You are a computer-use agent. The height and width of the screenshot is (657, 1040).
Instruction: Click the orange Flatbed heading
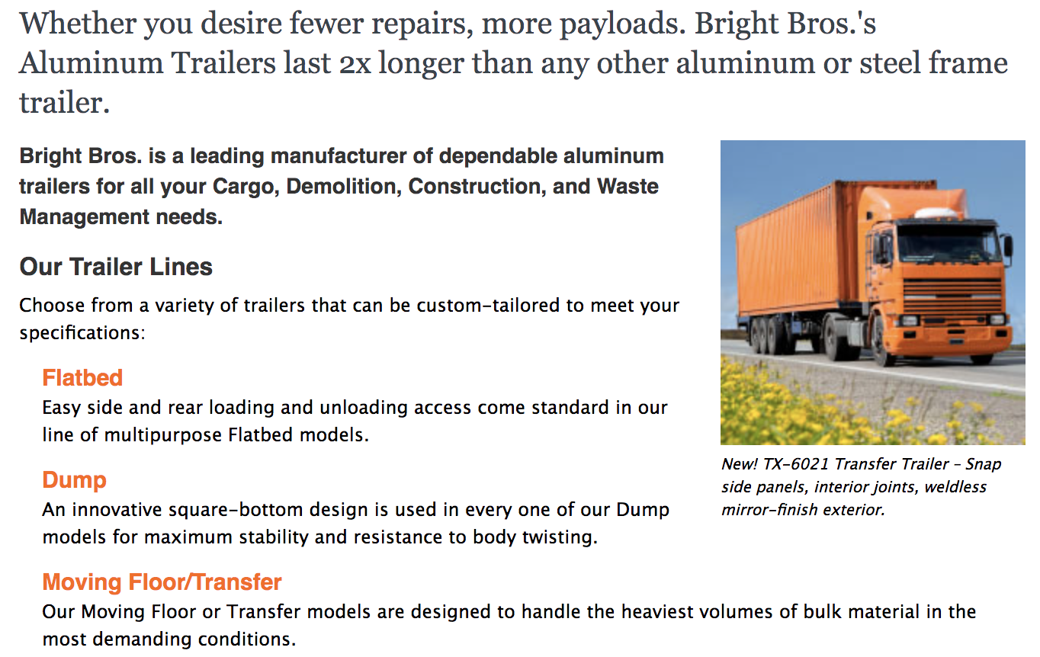pos(82,378)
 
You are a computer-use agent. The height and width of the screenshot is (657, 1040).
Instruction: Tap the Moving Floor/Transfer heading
pos(162,582)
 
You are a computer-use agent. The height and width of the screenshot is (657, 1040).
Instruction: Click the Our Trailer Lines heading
pos(116,267)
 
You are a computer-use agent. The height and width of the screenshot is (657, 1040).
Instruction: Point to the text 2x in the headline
pos(355,63)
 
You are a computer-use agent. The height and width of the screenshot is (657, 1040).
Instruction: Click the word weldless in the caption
pos(955,487)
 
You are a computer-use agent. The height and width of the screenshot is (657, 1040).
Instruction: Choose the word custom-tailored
pos(487,306)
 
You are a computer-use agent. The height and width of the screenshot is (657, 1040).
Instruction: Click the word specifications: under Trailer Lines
pos(82,333)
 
